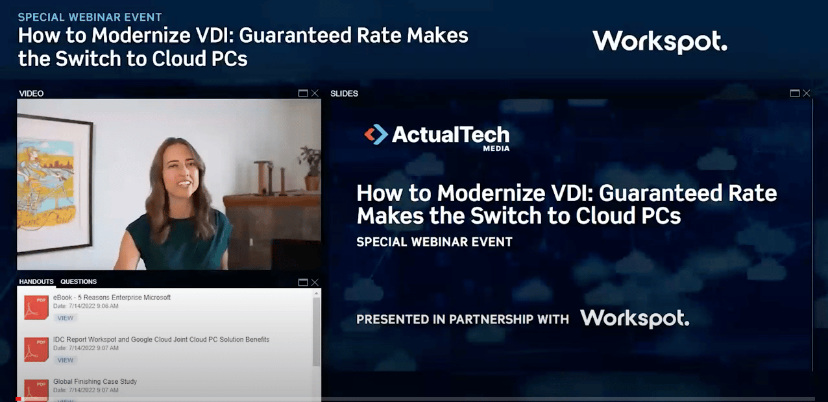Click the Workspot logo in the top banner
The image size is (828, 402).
point(659,42)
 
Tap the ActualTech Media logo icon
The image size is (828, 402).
point(376,134)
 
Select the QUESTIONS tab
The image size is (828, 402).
point(79,282)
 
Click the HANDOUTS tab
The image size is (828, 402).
point(36,282)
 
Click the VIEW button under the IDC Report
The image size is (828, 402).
point(66,360)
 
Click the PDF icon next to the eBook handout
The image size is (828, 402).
point(36,307)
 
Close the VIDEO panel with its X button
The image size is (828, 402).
point(315,93)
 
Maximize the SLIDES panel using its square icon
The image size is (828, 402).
point(795,93)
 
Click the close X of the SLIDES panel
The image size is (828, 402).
point(807,93)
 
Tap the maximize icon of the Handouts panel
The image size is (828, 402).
point(303,282)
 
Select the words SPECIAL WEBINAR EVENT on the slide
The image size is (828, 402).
point(434,242)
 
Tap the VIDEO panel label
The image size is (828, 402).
point(31,93)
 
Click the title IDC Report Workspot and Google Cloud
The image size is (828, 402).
point(161,339)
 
